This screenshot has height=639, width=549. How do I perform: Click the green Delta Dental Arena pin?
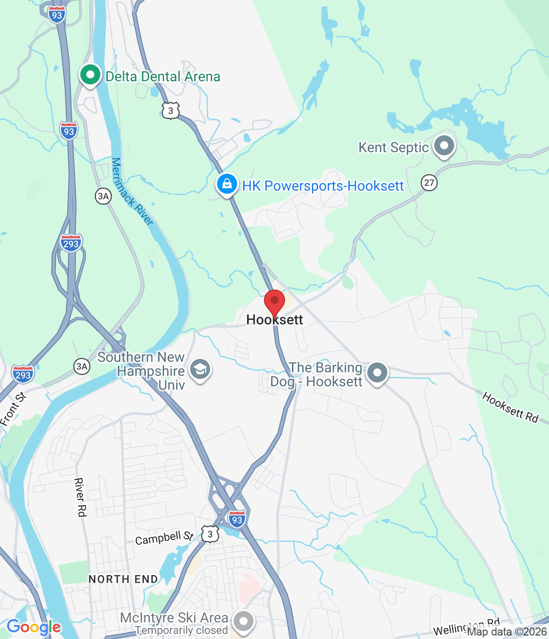pos(90,76)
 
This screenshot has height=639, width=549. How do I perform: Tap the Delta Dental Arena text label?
pos(163,77)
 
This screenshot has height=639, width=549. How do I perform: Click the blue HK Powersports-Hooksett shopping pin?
pos(227,185)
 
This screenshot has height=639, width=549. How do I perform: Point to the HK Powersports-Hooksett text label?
pos(322,186)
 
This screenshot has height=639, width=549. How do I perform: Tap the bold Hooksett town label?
pos(274,320)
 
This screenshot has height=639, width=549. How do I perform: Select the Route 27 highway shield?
pos(429,182)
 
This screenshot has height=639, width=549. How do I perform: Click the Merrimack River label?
pos(132,192)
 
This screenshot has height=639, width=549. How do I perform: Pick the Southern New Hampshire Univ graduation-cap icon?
pos(200,370)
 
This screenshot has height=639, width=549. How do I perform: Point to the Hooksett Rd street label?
pos(510,407)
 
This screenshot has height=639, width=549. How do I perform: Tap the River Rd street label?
pos(80,497)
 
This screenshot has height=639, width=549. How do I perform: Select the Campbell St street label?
pos(164,538)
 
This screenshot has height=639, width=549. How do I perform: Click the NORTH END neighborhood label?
pos(123,579)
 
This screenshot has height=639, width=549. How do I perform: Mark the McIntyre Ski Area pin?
pos(244,622)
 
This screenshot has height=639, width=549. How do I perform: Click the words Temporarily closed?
pos(181,631)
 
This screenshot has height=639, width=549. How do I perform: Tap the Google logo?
pos(33,627)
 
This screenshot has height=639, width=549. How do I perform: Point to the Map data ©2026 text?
pos(507,632)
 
